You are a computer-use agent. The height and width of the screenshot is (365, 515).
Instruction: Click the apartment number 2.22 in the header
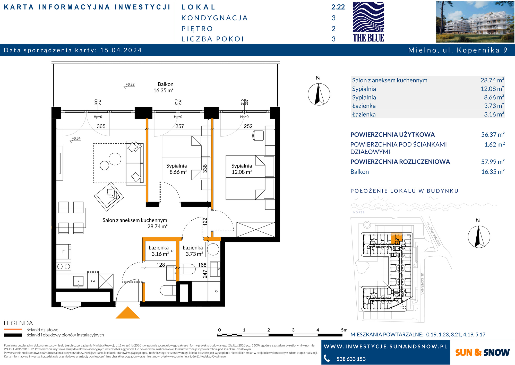[x=338, y=7]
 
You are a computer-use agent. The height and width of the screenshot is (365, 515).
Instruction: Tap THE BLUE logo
[x=368, y=22]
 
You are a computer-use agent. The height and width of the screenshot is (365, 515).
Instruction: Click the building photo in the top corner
[x=475, y=22]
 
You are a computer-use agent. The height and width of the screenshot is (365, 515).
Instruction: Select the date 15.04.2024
[x=121, y=50]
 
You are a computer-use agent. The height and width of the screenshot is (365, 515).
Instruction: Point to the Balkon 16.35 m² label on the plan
[x=164, y=87]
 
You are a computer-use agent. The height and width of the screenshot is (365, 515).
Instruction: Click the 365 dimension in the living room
[x=101, y=126]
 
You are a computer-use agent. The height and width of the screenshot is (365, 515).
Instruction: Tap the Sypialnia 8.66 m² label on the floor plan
[x=177, y=169]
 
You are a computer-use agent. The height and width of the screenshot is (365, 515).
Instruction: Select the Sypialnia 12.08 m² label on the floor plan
[x=242, y=169]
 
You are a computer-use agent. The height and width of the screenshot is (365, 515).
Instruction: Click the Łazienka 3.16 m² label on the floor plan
[x=159, y=251]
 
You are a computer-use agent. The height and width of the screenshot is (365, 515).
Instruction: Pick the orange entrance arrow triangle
[x=127, y=313]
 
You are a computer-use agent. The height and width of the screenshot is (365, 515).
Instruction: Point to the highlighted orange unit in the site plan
[x=397, y=239]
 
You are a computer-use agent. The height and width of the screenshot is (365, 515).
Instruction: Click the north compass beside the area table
[x=319, y=94]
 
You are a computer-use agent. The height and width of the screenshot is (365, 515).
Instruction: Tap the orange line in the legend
[x=13, y=329]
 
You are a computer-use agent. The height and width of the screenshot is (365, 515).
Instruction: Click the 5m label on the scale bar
[x=344, y=330]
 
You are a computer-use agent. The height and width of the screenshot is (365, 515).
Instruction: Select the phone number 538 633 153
[x=351, y=359]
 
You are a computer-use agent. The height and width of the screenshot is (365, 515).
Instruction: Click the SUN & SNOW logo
[x=482, y=352]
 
